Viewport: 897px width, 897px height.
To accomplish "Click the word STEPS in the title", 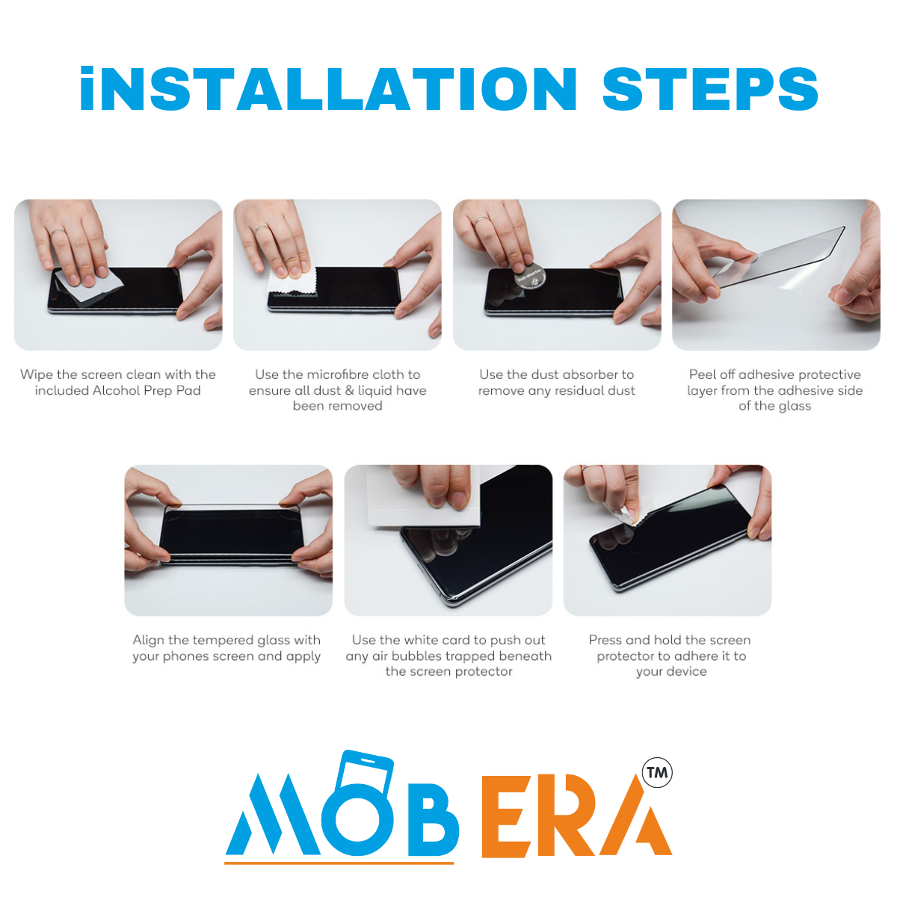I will pyautogui.click(x=709, y=90).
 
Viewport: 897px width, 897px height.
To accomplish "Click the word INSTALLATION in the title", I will pyautogui.click(x=328, y=90).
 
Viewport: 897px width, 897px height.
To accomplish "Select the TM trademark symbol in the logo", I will pyautogui.click(x=657, y=772).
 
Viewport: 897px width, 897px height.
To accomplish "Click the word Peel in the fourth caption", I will pyautogui.click(x=702, y=374).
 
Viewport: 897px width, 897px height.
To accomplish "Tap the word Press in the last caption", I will pyautogui.click(x=605, y=640).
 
